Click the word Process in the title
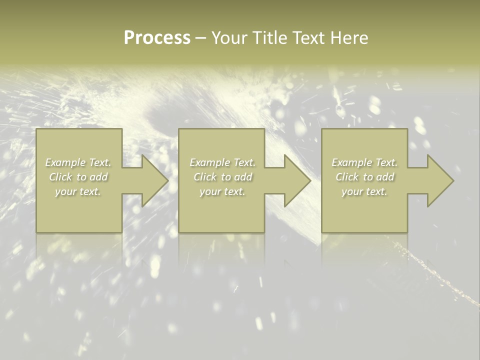point(157,38)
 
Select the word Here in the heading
point(349,38)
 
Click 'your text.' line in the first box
point(78,191)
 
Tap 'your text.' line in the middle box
point(222,191)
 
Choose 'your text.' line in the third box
point(364,191)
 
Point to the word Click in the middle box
point(204,177)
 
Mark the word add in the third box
point(385,177)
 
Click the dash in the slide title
point(200,38)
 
